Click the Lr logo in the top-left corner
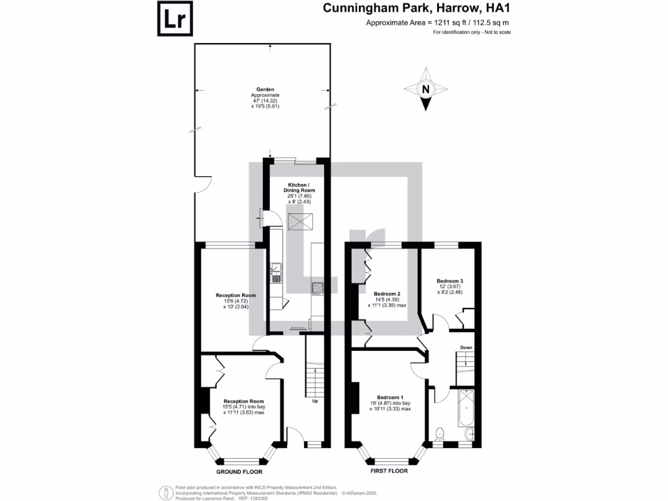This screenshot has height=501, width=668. tap(175, 19)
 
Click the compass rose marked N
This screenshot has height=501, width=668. tap(425, 89)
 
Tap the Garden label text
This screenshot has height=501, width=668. tap(265, 89)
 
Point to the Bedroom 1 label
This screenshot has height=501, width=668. tap(389, 397)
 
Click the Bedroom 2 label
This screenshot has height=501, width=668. tap(387, 294)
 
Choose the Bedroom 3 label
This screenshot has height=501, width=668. tap(449, 281)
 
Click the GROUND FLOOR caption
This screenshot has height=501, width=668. tap(238, 471)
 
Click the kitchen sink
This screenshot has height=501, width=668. tap(276, 273)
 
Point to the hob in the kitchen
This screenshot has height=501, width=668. tap(318, 288)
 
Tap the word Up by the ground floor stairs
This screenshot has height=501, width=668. tap(315, 401)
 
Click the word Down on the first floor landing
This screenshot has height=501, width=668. tap(466, 348)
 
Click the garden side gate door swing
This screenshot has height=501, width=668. tap(202, 184)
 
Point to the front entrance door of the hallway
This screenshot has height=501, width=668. tap(296, 438)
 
